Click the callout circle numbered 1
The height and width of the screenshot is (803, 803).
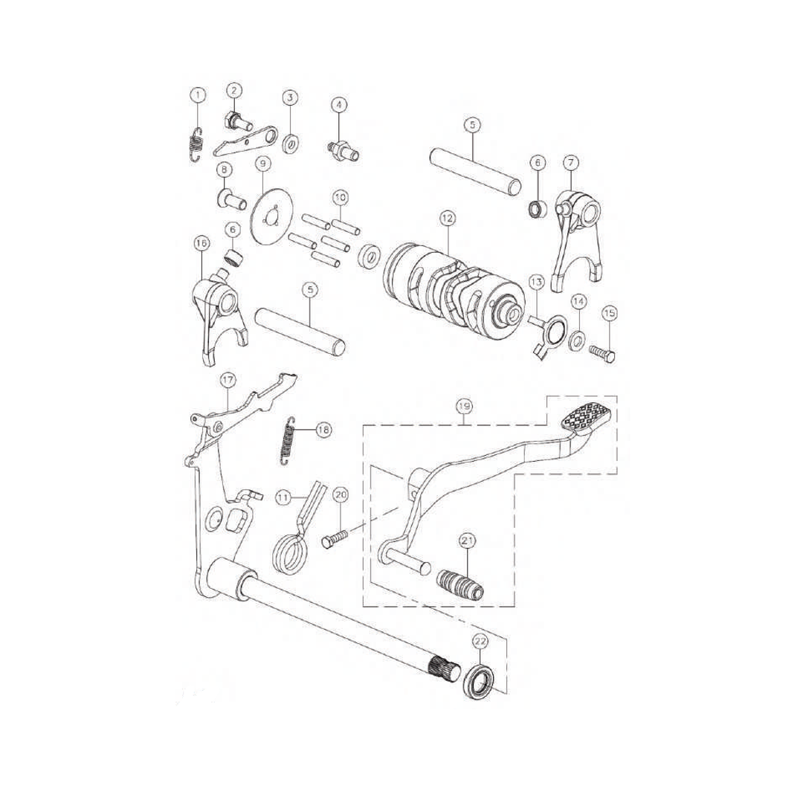(197, 94)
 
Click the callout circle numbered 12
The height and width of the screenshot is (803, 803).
(446, 218)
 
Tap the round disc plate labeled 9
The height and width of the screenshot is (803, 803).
(266, 216)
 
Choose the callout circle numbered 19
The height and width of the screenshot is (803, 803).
(463, 407)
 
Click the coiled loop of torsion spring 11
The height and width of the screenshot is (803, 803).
(287, 554)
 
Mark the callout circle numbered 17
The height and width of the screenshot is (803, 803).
(228, 380)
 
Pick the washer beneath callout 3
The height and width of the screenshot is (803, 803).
(291, 142)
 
